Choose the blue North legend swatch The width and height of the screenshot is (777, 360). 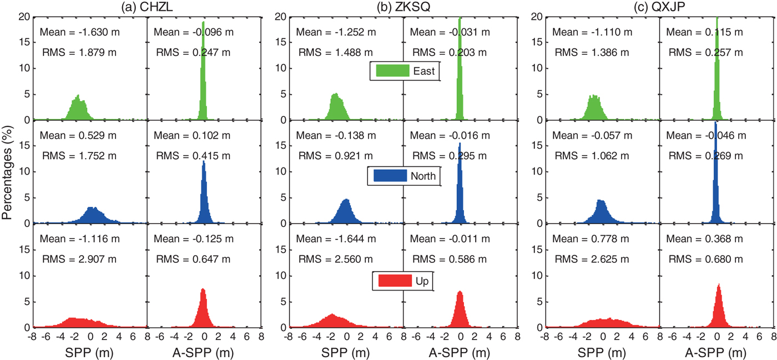(x=391, y=176)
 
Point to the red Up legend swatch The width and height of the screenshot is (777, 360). (x=394, y=281)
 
